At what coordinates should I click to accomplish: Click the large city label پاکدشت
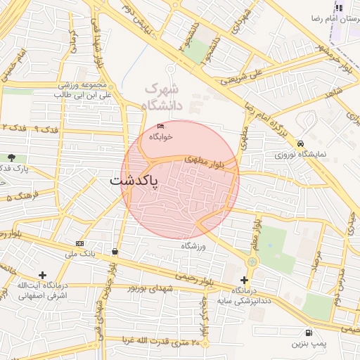[x=134, y=181]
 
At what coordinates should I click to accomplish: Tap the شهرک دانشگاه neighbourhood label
[x=164, y=98]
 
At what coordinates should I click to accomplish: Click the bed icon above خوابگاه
[x=160, y=127]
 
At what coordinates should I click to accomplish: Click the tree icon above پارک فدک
[x=11, y=157]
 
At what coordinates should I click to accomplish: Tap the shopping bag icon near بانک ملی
[x=114, y=251]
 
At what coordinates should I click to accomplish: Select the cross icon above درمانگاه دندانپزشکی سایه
[x=243, y=280]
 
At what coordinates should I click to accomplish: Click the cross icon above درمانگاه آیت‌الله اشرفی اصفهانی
[x=43, y=275]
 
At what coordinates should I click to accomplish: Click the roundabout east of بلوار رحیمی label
[x=251, y=262]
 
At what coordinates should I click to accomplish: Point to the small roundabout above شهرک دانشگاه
[x=170, y=69]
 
